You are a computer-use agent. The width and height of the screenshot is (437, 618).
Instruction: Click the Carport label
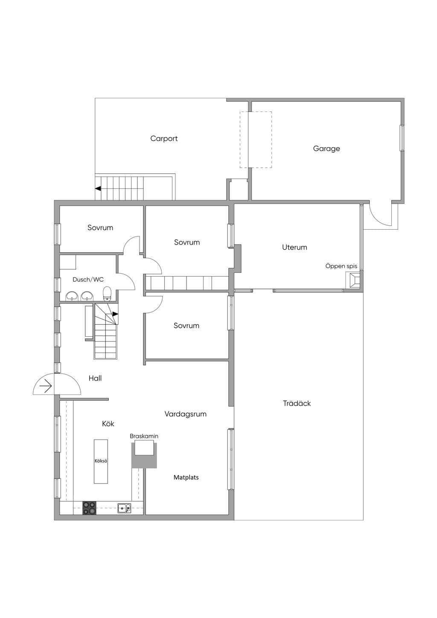coord(164,139)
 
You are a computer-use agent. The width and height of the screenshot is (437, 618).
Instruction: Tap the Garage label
coord(326,149)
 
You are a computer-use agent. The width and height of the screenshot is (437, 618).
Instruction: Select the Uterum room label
coord(294,247)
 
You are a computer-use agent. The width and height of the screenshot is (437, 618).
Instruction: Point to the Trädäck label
coord(297,403)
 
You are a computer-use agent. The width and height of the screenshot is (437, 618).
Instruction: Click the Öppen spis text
coord(341,266)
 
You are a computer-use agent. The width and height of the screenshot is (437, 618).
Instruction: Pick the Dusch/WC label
coord(88,280)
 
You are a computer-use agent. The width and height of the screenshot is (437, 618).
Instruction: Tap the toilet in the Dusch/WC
coord(107,294)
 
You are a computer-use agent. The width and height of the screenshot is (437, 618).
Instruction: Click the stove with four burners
coord(90,508)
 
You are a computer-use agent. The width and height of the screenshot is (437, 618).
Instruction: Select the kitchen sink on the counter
coord(125,508)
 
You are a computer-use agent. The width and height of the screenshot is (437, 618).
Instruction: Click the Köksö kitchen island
coord(101,461)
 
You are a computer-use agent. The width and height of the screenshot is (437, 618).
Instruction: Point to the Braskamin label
coord(144,436)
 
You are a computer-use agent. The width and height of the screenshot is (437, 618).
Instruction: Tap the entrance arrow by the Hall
coord(46,386)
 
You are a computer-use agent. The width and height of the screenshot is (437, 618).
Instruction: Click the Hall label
coord(95,378)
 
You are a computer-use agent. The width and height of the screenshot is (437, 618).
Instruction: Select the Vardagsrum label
coord(185,414)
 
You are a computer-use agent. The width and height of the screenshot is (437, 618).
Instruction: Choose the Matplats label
coord(186,478)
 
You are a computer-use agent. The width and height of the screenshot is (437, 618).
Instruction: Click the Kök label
coord(108,424)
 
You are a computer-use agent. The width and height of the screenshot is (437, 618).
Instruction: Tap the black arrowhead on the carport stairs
coord(98,189)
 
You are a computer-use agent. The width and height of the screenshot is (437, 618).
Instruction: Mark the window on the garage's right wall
coord(402,138)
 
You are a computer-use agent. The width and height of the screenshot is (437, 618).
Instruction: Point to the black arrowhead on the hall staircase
coord(115,314)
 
